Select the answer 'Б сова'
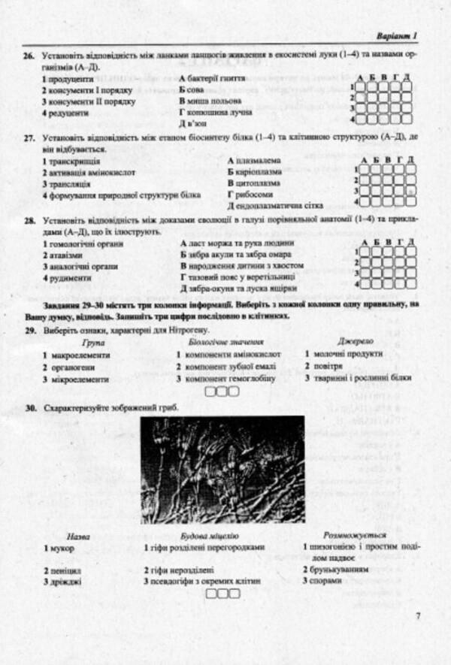[192, 89]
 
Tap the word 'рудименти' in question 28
[71, 278]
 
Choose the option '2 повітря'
[328, 366]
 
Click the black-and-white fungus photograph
[222, 470]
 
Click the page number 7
[418, 618]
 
